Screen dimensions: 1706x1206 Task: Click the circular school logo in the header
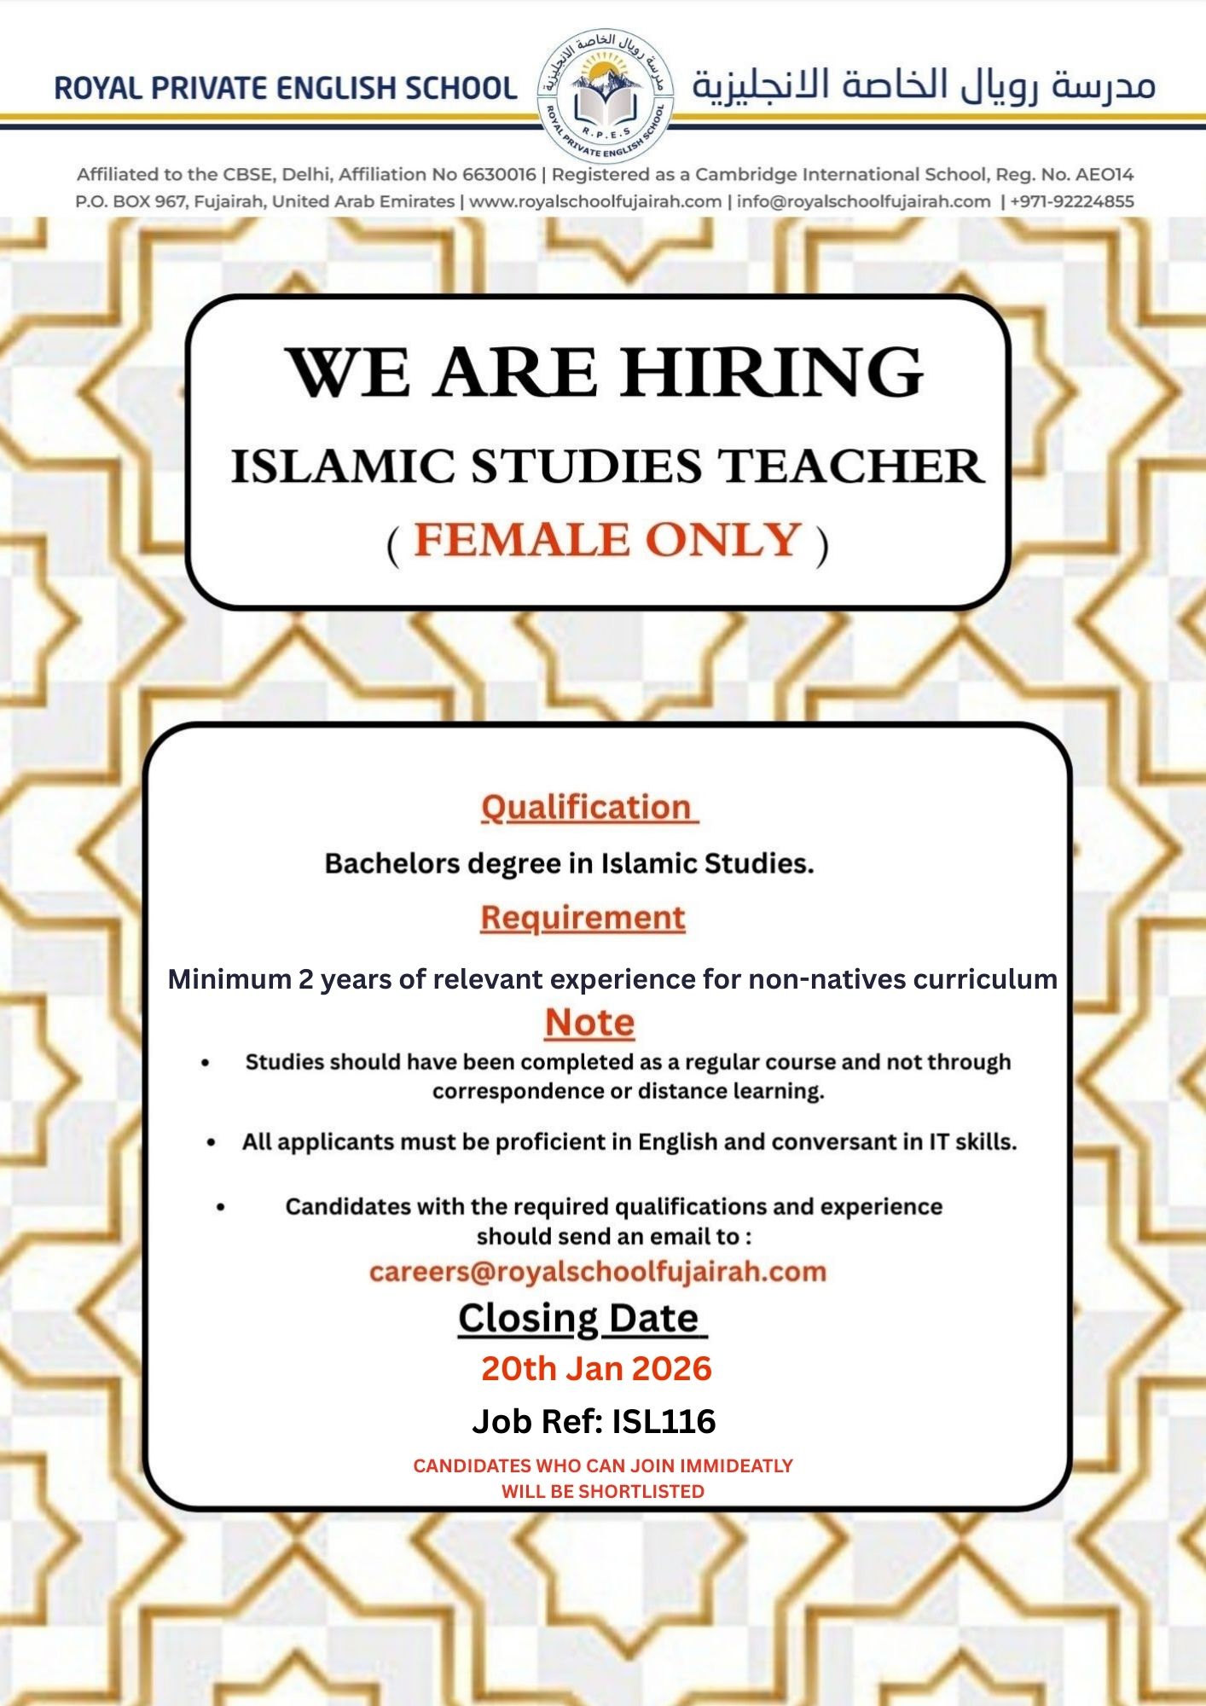(605, 94)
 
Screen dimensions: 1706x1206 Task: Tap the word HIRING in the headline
(771, 373)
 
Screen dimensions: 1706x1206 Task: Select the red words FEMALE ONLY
(607, 540)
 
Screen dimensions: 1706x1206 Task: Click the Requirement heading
(583, 918)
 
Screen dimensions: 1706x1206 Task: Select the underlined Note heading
(589, 1022)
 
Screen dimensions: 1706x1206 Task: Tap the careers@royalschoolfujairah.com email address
(598, 1271)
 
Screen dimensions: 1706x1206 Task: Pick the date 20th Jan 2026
(596, 1368)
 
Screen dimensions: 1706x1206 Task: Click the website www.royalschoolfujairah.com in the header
(595, 202)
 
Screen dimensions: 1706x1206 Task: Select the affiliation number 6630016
(499, 175)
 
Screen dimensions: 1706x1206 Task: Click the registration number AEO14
(1105, 175)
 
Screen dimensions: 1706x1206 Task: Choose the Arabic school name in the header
(923, 86)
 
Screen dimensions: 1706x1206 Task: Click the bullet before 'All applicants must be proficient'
(212, 1142)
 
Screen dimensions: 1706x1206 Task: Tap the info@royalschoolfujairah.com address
(863, 202)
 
